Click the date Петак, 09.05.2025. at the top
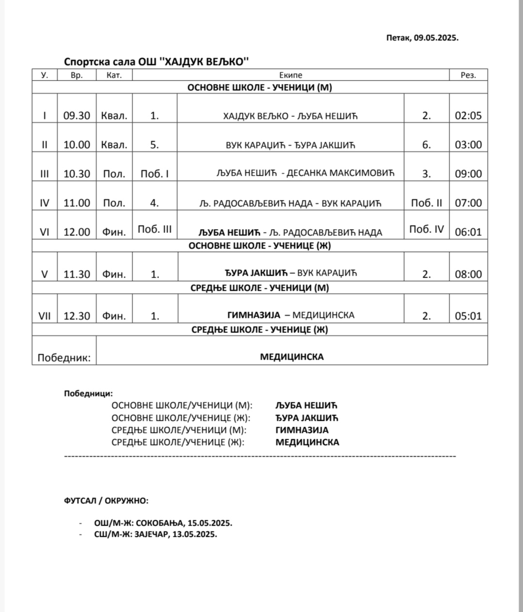[x=422, y=38]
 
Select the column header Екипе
[x=290, y=75]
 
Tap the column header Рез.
[x=468, y=75]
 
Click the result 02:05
[x=468, y=116]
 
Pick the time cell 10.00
[x=77, y=145]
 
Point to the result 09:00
[x=468, y=174]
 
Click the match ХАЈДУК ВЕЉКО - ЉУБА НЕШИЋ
[x=290, y=116]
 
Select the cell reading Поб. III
[x=155, y=229]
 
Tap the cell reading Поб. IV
[x=426, y=229]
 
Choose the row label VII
[x=44, y=316]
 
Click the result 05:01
[x=468, y=316]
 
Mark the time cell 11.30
[x=77, y=274]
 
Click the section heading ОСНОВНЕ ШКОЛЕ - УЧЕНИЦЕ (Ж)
[x=259, y=246]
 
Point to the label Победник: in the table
[x=64, y=358]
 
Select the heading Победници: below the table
[x=88, y=394]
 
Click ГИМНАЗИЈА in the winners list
[x=301, y=430]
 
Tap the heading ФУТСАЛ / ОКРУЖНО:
[x=106, y=500]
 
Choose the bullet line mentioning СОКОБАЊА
[x=163, y=523]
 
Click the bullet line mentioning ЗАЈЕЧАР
[x=155, y=534]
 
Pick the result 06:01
[x=468, y=232]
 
